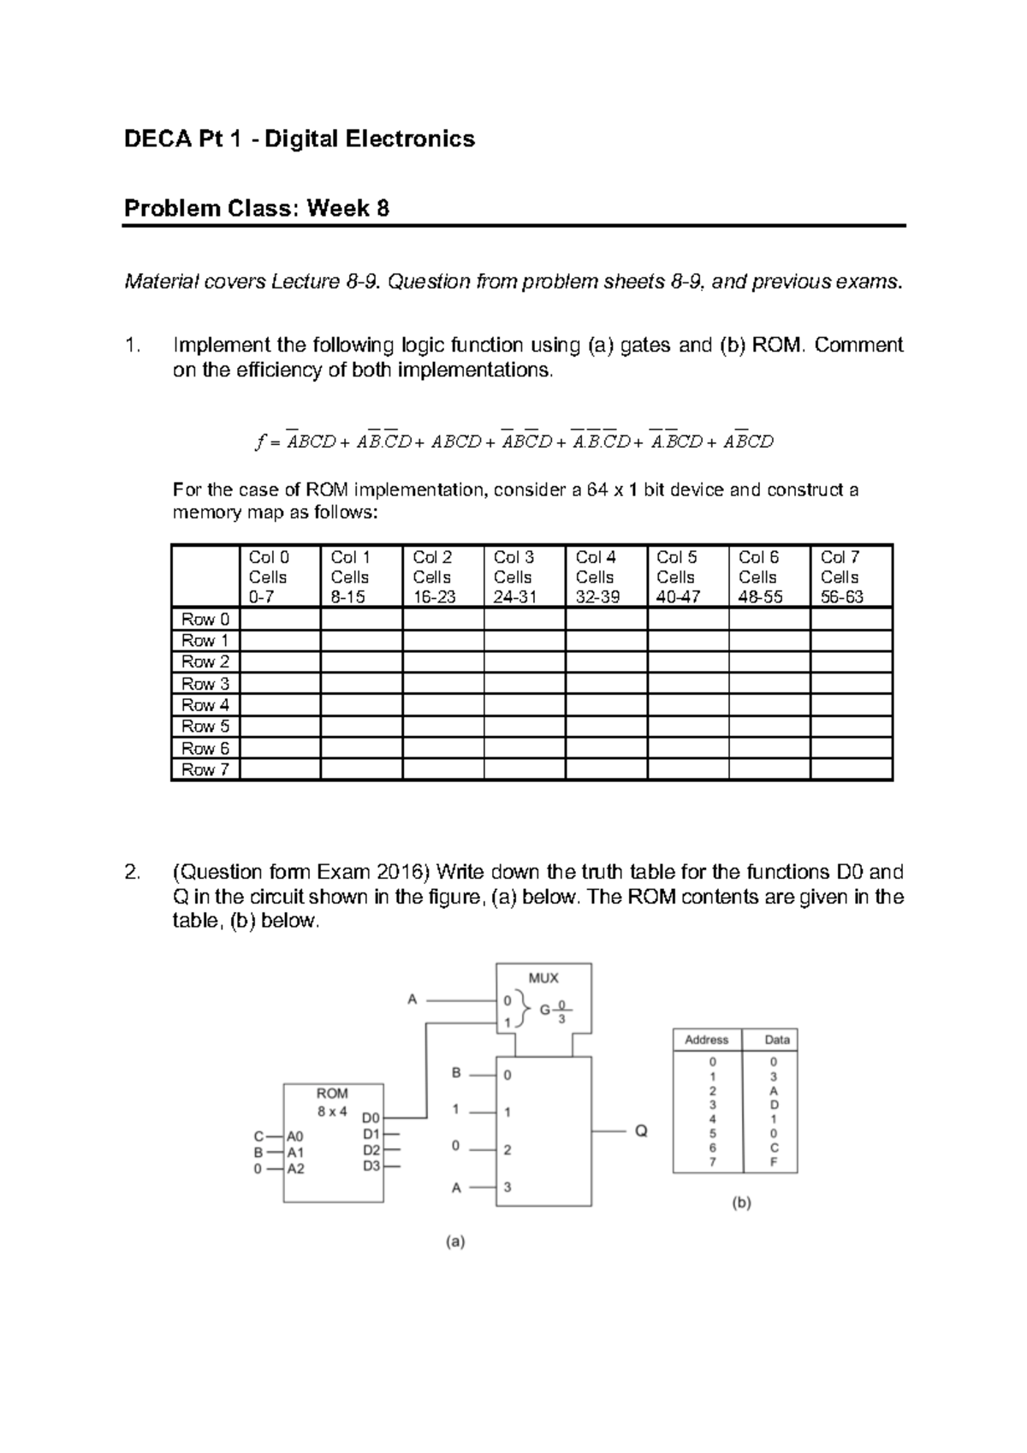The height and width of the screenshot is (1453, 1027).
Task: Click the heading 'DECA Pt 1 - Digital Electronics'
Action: (300, 139)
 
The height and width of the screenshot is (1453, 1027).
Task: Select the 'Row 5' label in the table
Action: (205, 726)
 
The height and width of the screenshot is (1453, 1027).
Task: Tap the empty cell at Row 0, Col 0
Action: (280, 619)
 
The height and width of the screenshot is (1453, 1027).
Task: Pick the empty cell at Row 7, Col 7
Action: (851, 770)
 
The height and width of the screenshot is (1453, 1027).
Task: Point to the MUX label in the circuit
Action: (543, 977)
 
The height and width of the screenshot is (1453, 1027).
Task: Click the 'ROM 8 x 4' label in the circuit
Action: (332, 1102)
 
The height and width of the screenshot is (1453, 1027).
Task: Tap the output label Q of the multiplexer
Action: (641, 1131)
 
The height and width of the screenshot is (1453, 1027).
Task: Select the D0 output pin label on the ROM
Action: (371, 1118)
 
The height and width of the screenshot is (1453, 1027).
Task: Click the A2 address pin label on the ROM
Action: (295, 1168)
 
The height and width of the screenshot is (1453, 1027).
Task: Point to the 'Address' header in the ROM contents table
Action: (706, 1040)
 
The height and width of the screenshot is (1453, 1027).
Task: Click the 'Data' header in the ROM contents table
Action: (777, 1040)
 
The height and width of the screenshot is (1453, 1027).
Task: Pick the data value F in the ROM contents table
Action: (774, 1163)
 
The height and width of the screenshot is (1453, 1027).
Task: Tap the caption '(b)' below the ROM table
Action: (741, 1202)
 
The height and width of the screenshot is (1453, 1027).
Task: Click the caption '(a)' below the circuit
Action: (454, 1242)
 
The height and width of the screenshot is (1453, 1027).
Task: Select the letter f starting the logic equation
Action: (260, 442)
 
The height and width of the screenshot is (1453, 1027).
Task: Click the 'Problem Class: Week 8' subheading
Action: (257, 208)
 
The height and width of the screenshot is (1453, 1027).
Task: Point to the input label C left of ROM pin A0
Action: (258, 1136)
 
